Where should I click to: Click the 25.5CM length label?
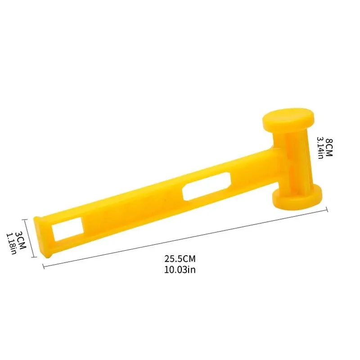(x=180, y=259)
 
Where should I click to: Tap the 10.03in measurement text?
(x=180, y=270)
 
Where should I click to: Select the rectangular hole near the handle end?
(x=67, y=229)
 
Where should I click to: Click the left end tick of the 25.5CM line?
(x=43, y=266)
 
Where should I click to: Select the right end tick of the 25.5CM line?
(x=327, y=208)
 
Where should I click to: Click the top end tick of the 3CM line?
(x=27, y=218)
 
